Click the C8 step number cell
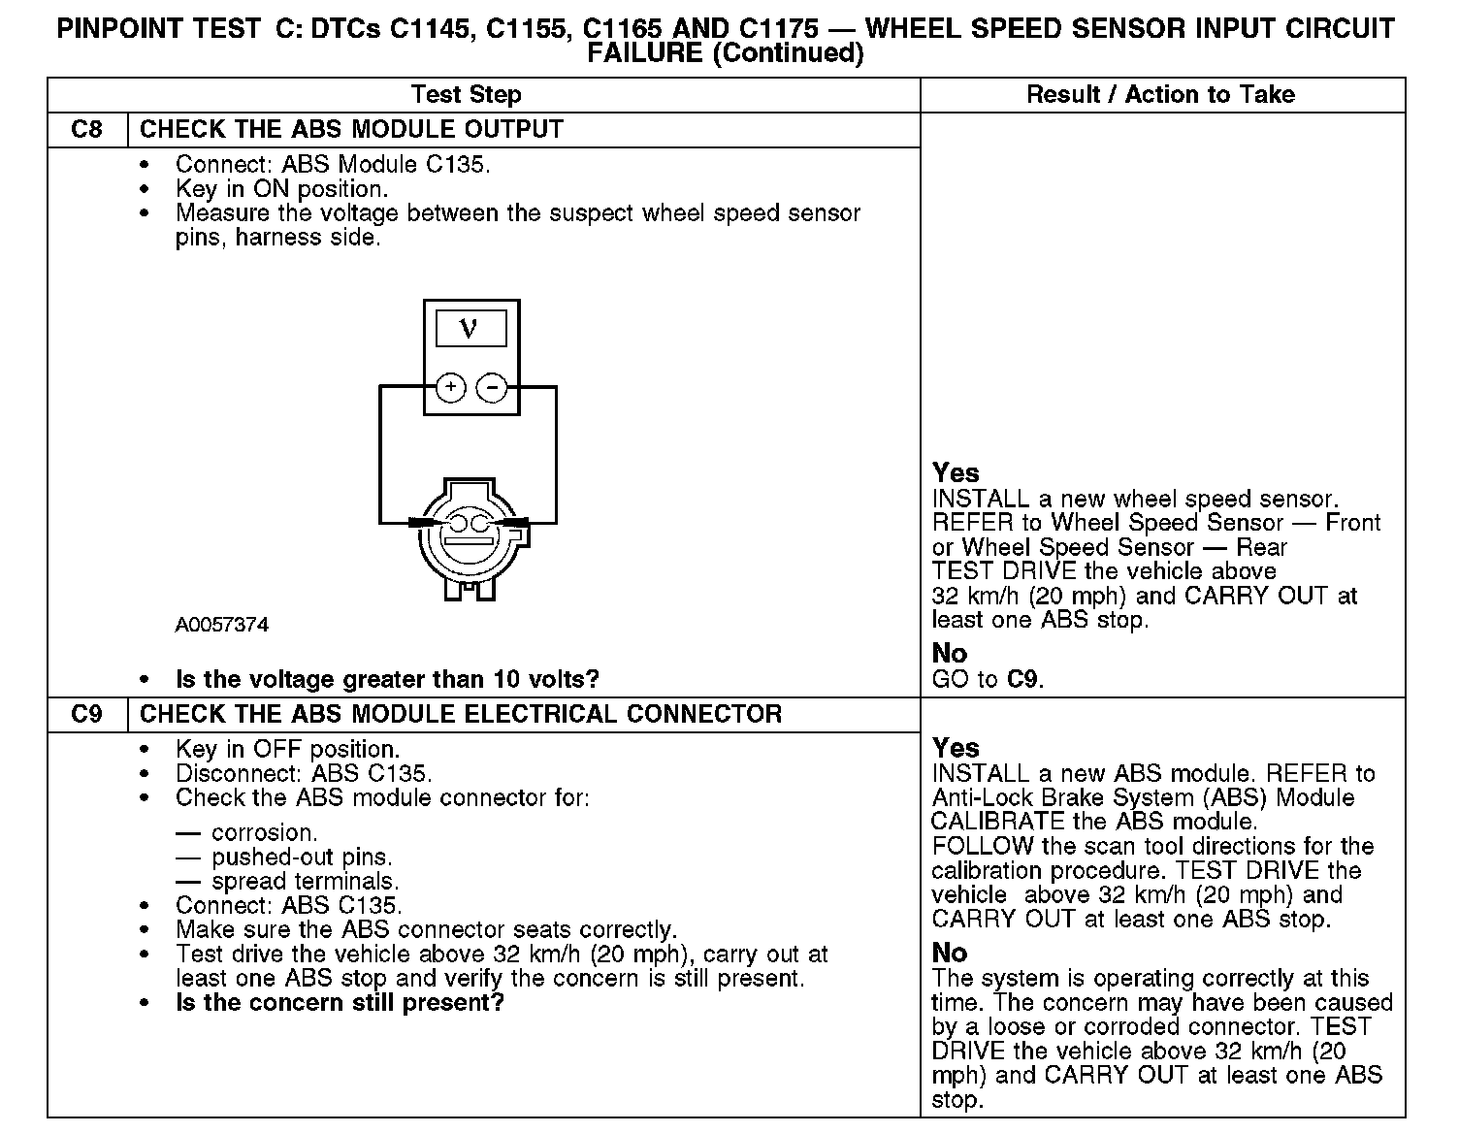[87, 129]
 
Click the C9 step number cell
[87, 714]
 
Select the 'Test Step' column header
[466, 94]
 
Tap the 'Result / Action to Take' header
[1160, 94]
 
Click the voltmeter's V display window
[470, 328]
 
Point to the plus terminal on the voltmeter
[450, 388]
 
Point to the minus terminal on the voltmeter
[492, 388]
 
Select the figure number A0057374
[222, 625]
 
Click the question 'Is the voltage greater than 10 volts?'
[387, 679]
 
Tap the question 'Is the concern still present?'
[340, 1002]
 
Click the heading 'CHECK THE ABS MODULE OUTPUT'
[351, 129]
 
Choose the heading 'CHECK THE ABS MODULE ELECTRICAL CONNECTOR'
[461, 714]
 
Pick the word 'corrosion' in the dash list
[263, 832]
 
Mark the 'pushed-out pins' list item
[302, 857]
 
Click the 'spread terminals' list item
[304, 881]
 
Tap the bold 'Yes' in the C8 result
[956, 472]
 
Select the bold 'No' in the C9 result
[949, 953]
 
